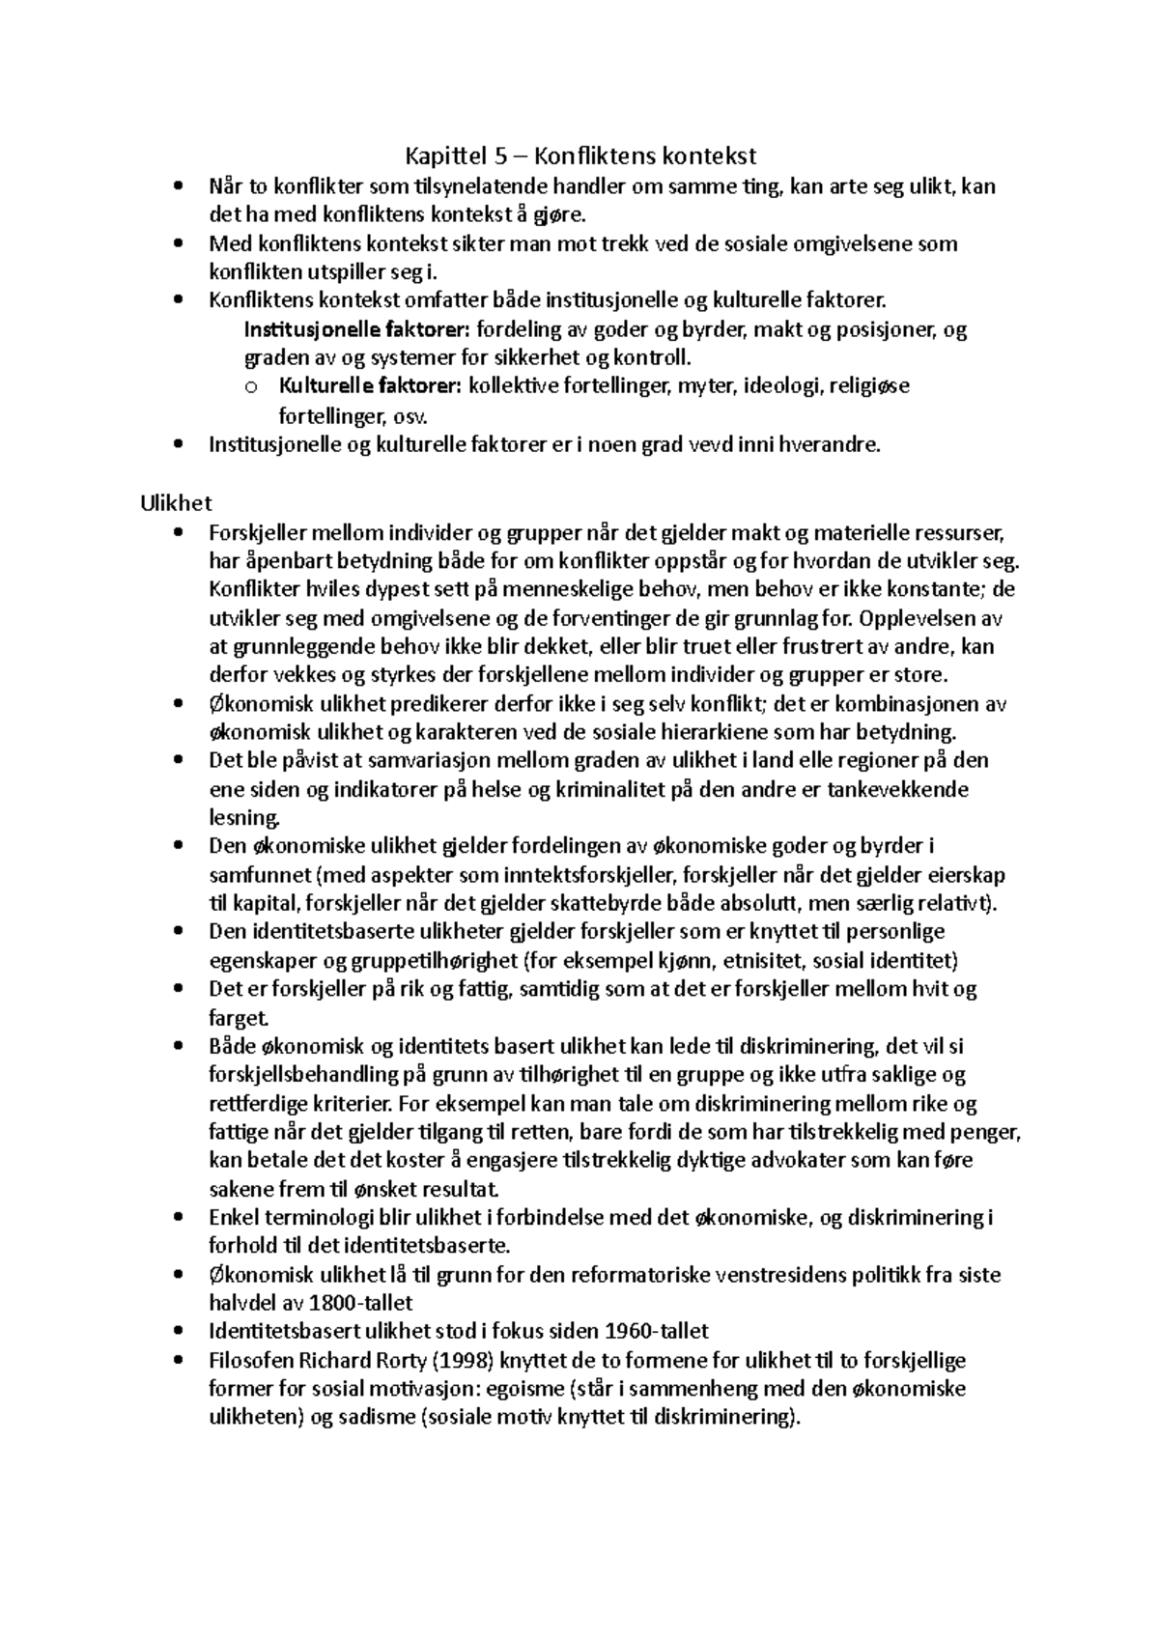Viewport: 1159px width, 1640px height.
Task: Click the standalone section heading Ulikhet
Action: coord(175,503)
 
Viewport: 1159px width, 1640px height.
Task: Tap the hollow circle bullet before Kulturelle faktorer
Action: coord(252,387)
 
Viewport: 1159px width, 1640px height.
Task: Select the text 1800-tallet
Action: coord(360,1303)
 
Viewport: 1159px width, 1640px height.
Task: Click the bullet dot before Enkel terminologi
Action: coord(175,1218)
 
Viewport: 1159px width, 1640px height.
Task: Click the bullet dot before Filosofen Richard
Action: coord(175,1361)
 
